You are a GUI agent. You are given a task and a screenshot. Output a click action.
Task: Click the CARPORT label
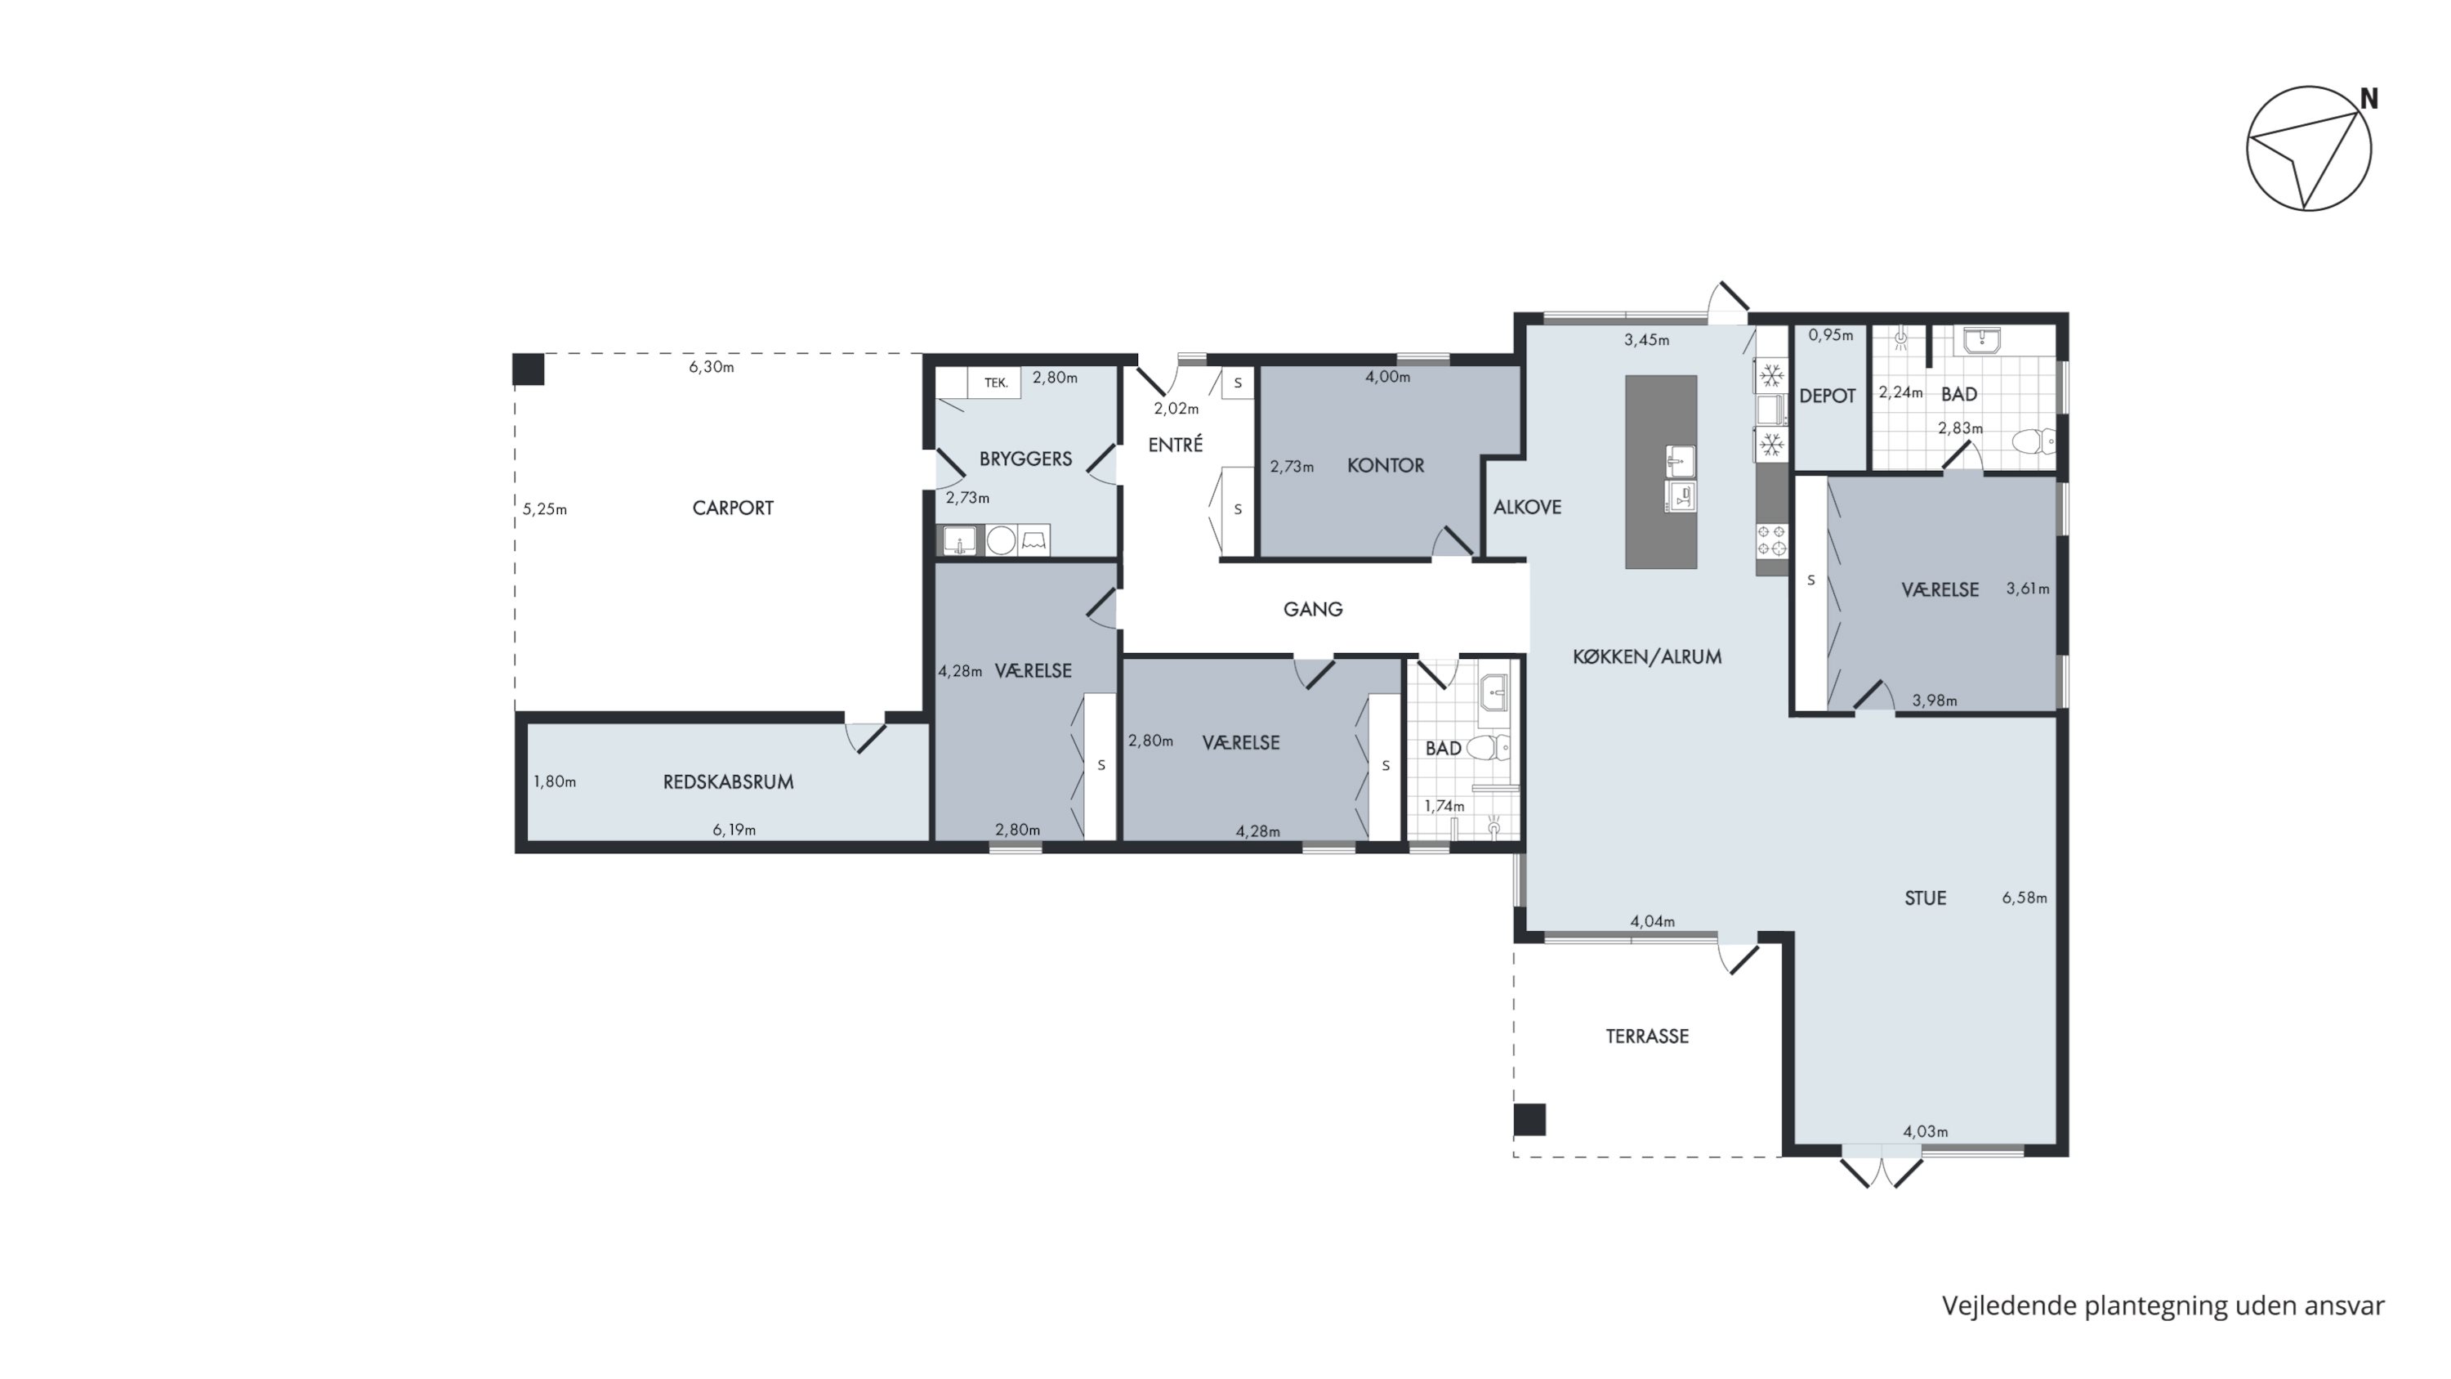click(x=733, y=508)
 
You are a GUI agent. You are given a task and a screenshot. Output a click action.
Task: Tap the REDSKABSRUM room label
click(x=728, y=782)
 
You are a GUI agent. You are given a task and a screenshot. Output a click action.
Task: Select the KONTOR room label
click(x=1386, y=465)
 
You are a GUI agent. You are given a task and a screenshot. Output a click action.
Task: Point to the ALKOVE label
click(x=1527, y=508)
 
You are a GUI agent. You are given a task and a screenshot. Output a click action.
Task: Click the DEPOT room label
click(x=1827, y=396)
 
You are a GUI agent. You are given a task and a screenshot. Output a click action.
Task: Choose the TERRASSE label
click(x=1647, y=1036)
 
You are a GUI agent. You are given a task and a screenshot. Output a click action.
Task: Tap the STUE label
click(x=1925, y=898)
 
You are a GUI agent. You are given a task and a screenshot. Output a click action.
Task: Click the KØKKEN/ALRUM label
click(x=1647, y=656)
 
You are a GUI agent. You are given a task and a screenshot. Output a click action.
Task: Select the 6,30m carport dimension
click(x=712, y=367)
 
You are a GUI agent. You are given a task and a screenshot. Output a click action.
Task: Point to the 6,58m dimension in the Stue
click(x=2025, y=898)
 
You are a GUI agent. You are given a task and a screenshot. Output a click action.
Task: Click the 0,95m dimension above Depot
click(x=1831, y=335)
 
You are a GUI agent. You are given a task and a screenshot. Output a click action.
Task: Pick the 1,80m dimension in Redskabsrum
click(x=555, y=782)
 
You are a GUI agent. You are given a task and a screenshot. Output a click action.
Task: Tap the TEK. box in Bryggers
click(x=995, y=383)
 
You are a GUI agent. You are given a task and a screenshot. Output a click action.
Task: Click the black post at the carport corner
click(x=528, y=369)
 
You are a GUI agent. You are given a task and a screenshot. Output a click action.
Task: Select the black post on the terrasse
click(x=1530, y=1119)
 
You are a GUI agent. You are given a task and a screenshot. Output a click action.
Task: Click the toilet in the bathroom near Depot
click(x=2034, y=441)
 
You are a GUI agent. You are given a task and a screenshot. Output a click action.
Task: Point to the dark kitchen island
click(x=1660, y=472)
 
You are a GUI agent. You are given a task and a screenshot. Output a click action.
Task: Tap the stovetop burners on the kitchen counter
click(x=1771, y=540)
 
